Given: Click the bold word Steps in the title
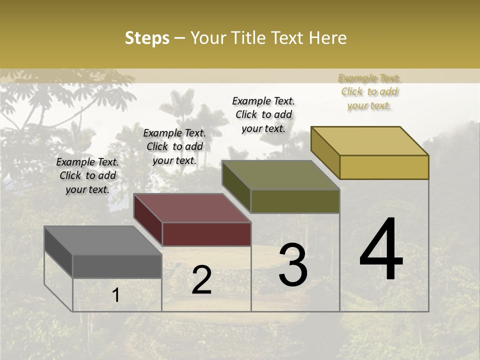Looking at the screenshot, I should (147, 38).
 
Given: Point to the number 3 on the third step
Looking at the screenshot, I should (293, 265).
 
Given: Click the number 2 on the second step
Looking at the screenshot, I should (201, 280).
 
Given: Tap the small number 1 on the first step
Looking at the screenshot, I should (116, 295).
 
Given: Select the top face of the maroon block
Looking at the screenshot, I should (191, 208).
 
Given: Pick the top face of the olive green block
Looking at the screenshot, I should (280, 175).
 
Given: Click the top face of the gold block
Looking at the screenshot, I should (369, 141).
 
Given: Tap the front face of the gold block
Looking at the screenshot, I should (384, 167).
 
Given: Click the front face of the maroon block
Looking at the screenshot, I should (206, 234).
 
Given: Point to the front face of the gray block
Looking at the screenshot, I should (117, 266).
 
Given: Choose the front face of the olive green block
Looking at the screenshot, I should (295, 201).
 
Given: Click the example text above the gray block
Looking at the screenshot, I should (87, 175).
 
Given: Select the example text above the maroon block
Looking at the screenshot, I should (174, 146).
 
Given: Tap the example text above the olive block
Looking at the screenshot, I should (263, 114).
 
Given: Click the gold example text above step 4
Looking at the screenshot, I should (369, 91).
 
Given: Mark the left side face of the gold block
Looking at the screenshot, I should (325, 152).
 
